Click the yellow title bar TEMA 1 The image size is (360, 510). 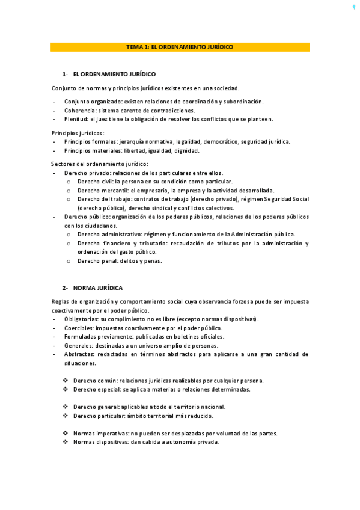tap(180, 47)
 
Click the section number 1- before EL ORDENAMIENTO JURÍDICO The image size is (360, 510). tap(65, 74)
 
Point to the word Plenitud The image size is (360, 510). tap(76, 118)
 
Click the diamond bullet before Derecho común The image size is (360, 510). tap(66, 381)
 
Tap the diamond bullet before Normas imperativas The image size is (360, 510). tap(66, 433)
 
